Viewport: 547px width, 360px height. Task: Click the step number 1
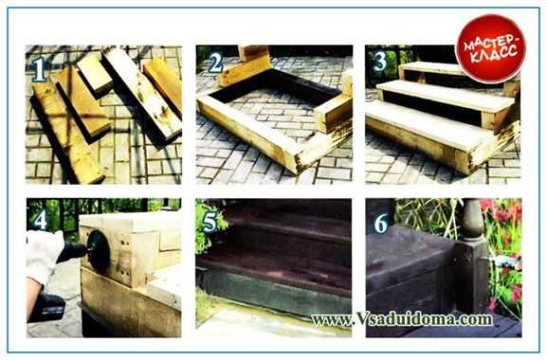pos(39,69)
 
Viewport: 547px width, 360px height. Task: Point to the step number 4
pos(41,219)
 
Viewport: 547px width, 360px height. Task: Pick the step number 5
pos(210,222)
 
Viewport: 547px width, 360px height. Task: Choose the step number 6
pos(380,223)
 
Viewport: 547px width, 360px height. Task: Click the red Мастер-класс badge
pos(491,48)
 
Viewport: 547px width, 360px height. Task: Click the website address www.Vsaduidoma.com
pos(402,318)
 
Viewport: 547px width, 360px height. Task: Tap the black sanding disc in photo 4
pos(99,250)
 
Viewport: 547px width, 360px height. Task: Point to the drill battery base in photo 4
pos(49,307)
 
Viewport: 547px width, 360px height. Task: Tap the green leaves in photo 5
pos(207,226)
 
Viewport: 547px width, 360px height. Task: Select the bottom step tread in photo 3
pos(424,124)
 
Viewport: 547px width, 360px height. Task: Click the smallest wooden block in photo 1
pos(95,74)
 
